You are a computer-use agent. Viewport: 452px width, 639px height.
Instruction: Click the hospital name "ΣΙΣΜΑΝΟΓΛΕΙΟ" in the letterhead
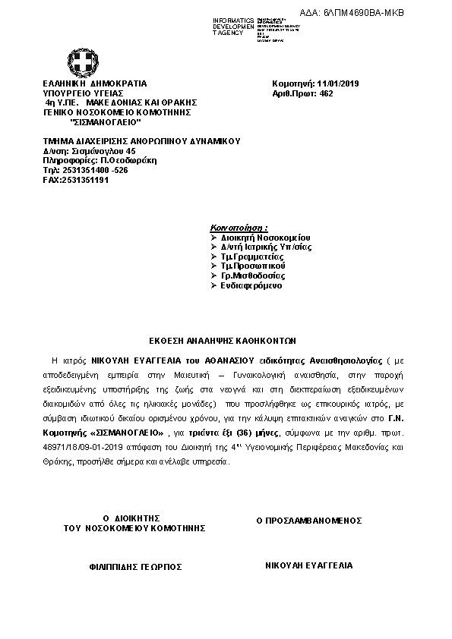click(105, 121)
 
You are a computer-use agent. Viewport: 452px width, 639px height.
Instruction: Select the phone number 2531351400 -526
click(85, 170)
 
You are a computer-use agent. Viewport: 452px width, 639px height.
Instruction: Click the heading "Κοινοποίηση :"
click(239, 228)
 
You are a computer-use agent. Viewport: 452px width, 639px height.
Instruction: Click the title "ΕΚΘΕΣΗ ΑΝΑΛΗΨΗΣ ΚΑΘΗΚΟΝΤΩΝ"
click(226, 341)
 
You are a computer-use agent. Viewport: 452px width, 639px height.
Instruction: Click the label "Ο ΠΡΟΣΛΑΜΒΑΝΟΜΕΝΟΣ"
click(308, 521)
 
